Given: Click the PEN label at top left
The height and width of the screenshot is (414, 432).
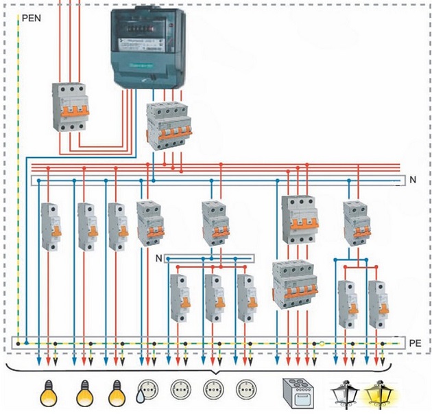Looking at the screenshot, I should (x=32, y=19).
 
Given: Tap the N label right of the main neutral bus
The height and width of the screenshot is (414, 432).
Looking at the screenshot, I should (x=413, y=180).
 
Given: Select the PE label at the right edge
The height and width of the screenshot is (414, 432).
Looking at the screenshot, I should (x=413, y=341).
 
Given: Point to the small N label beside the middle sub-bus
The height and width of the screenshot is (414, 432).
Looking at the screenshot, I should (x=159, y=258).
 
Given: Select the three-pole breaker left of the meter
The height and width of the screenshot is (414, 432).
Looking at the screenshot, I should (x=71, y=107).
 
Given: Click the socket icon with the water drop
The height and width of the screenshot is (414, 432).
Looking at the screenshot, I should (x=147, y=390).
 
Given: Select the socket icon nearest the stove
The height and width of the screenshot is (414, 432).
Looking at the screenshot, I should (x=245, y=390).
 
